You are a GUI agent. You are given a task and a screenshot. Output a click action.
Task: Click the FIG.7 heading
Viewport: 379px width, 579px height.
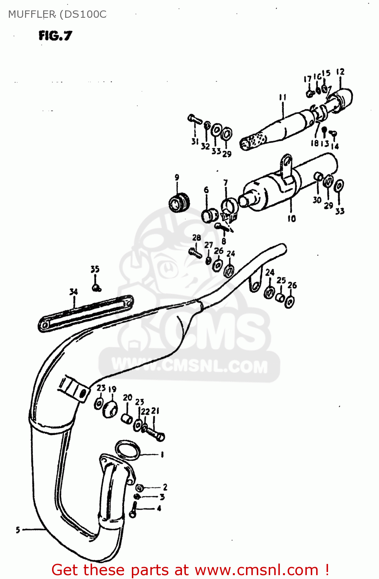click(55, 36)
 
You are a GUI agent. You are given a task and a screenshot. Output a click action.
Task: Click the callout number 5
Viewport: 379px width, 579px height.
click(18, 530)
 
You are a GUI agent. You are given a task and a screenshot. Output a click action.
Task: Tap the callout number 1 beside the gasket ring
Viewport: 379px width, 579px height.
click(162, 455)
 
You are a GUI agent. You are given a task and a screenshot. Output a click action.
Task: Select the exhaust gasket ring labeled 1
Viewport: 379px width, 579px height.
click(127, 450)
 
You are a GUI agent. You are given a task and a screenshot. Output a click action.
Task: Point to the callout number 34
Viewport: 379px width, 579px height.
click(73, 292)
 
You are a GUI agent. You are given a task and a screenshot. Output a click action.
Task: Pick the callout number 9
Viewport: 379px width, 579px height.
click(177, 178)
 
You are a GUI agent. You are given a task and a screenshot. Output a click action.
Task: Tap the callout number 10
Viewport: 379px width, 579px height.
click(291, 218)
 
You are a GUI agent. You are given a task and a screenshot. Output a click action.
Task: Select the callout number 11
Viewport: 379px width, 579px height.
click(283, 97)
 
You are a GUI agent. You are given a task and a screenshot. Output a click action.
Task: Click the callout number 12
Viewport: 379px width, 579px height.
click(340, 72)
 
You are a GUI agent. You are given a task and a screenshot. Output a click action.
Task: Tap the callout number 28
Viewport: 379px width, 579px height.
click(197, 238)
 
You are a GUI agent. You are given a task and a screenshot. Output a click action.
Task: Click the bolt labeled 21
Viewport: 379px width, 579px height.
click(155, 434)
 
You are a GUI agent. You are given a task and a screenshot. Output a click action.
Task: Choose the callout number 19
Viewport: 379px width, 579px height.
click(112, 389)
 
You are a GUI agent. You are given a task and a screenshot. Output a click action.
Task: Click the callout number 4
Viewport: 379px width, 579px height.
click(159, 509)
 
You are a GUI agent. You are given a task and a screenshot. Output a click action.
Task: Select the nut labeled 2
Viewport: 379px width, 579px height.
click(140, 488)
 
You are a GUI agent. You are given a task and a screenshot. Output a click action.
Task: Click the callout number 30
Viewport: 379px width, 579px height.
click(317, 200)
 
